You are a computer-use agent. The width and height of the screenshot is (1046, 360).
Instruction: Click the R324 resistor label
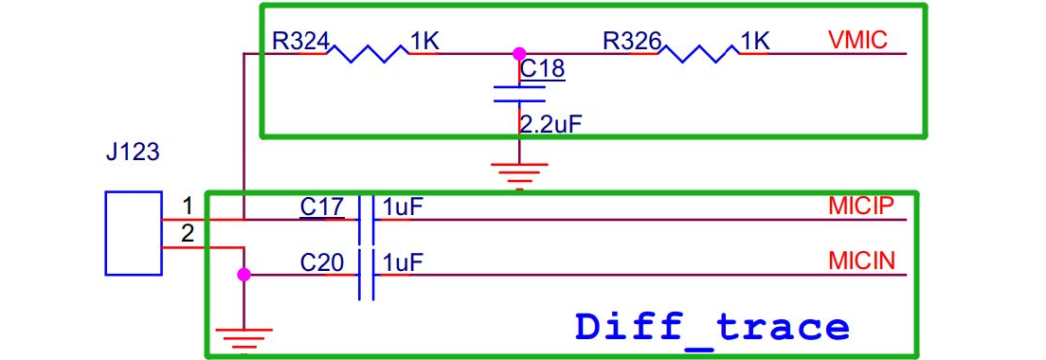[300, 42]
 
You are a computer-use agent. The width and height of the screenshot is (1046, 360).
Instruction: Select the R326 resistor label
[632, 42]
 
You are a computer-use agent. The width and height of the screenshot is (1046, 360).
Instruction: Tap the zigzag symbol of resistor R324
[367, 53]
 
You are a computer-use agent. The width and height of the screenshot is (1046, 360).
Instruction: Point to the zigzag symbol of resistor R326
[699, 53]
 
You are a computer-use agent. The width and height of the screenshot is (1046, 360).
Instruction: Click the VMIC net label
[857, 41]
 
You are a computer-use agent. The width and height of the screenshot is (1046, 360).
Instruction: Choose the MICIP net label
[860, 207]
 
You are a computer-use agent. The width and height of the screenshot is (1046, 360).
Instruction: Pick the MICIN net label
[861, 261]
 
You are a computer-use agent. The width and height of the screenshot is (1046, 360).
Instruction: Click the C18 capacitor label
[542, 69]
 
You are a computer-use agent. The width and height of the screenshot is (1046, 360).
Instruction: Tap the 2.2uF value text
[547, 124]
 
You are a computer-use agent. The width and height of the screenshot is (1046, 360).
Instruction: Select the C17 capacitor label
[322, 207]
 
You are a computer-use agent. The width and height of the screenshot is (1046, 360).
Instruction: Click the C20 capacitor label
[322, 262]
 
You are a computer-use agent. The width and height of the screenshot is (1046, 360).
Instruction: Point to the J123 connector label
[133, 153]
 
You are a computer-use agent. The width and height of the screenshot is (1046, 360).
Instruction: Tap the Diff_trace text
[712, 328]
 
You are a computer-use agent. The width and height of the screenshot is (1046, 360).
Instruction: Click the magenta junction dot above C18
[519, 53]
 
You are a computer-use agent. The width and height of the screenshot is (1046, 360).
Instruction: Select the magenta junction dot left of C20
[244, 275]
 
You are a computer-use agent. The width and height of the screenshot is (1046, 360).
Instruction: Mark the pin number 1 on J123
[188, 205]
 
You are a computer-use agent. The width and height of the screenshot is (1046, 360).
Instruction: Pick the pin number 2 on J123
[188, 233]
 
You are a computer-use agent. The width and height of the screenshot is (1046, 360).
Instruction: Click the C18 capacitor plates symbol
[519, 94]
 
